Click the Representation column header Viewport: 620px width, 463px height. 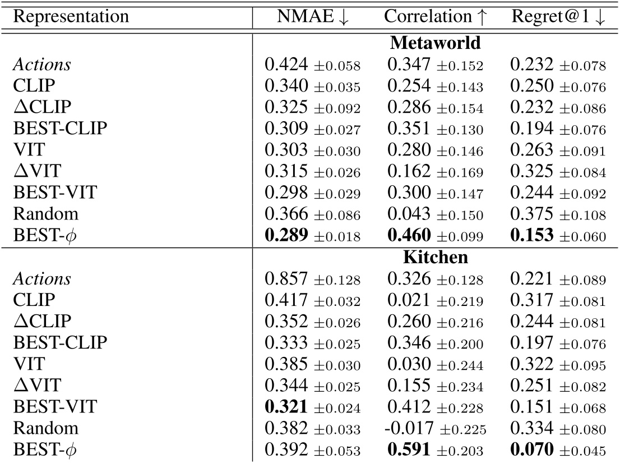pos(71,16)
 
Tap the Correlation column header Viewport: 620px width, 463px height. pos(436,16)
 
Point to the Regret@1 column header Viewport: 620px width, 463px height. pos(558,16)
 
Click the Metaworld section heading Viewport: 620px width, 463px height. pos(435,43)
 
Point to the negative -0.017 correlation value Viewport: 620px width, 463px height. pos(405,429)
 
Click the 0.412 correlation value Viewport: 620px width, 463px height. pos(408,408)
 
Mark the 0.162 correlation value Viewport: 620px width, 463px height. pos(408,172)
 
